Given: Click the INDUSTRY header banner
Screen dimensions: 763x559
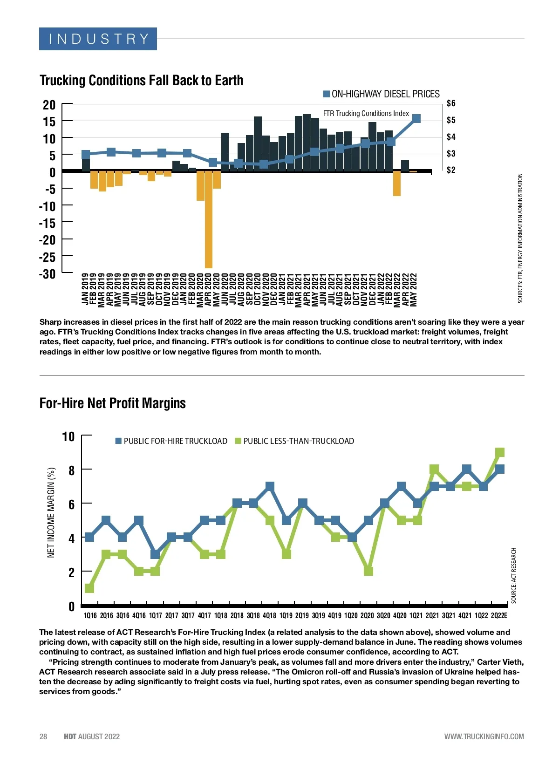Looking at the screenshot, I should click(98, 39).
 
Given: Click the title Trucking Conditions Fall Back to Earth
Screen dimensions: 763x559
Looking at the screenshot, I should click(141, 80).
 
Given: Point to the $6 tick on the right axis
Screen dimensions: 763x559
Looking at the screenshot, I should click(450, 103).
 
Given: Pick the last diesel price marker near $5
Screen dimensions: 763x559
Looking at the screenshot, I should click(416, 119).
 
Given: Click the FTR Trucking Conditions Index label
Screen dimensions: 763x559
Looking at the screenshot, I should click(366, 113).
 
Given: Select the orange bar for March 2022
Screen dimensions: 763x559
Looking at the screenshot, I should click(397, 184).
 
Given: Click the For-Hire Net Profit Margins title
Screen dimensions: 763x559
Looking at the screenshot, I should click(113, 403).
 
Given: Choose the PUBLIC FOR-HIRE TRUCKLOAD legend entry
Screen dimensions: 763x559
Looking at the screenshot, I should click(171, 441).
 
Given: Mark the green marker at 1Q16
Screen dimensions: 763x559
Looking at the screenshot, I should click(89, 588).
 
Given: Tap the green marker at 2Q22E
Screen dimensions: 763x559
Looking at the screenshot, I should click(500, 452).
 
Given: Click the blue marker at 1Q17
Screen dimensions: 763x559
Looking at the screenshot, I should click(155, 554).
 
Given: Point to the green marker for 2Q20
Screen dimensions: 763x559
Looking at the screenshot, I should click(368, 571).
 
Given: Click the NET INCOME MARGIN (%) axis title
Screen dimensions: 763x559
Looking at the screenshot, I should click(51, 512).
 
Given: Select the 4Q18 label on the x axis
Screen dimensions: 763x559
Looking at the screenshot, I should click(269, 616).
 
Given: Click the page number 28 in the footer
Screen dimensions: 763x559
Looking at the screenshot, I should click(43, 736).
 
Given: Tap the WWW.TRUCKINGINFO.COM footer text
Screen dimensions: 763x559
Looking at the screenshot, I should click(484, 736).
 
